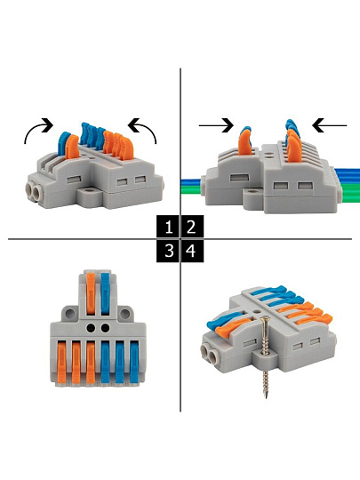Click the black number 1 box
coord(168,227)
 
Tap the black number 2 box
coord(192,227)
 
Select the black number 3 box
coord(168,251)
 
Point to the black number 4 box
coord(192,251)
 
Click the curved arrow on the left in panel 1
coord(35,128)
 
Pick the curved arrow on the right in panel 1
coord(147,128)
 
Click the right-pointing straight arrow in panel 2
coord(216,125)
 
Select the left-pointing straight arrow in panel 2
coord(330,125)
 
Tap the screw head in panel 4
coord(266,320)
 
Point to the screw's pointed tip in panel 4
coord(267,396)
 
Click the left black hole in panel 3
coord(91,328)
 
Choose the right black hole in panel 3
coord(105,328)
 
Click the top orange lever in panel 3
coord(91,293)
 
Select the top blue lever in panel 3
coord(105,293)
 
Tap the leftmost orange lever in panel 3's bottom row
coord(61,363)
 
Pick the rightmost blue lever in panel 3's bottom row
coord(134,363)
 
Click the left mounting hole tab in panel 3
coord(70,314)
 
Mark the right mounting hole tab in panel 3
coord(125,314)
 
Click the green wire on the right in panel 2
coord(351,193)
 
